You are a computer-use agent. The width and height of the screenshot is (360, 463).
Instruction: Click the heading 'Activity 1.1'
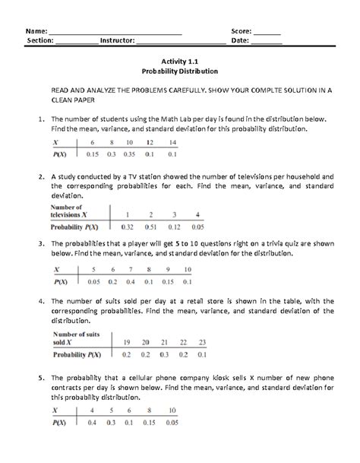[x=180, y=59]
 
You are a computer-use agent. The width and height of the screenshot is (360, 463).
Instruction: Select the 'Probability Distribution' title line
[x=180, y=70]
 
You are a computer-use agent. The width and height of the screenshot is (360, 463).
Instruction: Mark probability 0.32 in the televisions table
[x=128, y=227]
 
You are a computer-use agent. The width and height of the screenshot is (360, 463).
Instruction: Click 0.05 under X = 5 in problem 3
[x=94, y=281]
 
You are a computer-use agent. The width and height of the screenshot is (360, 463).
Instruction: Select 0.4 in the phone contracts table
[x=92, y=422]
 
